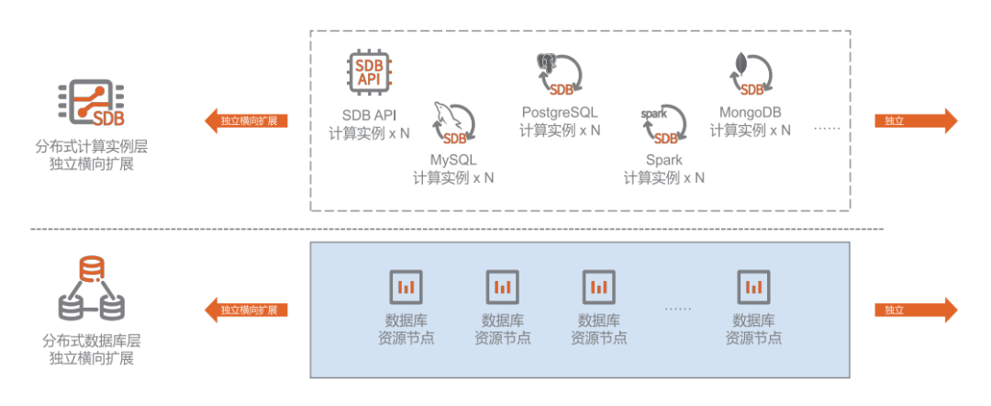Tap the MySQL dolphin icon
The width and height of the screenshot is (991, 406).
(x=453, y=123)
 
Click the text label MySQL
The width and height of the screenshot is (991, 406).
(x=453, y=159)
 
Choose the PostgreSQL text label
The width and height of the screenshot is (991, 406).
(x=560, y=112)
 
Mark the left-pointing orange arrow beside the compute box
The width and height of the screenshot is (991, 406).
(x=246, y=120)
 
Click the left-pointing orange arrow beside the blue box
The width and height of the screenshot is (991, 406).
(x=246, y=310)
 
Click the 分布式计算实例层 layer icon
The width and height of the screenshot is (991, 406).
(x=91, y=103)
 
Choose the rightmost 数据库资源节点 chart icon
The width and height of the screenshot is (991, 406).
(x=753, y=287)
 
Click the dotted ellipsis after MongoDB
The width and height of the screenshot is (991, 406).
(x=827, y=129)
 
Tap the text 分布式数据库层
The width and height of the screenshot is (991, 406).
(x=91, y=339)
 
